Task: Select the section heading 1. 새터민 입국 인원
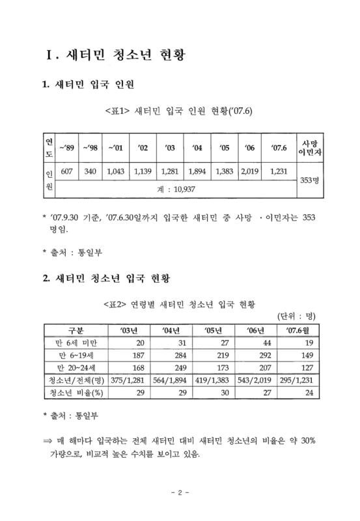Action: coord(89,85)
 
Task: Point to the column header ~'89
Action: coord(66,147)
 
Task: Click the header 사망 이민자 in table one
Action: coord(305,147)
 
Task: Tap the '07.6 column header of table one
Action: coord(278,147)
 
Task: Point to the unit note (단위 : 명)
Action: coord(296,317)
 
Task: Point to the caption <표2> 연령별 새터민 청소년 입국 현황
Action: coord(179,303)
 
